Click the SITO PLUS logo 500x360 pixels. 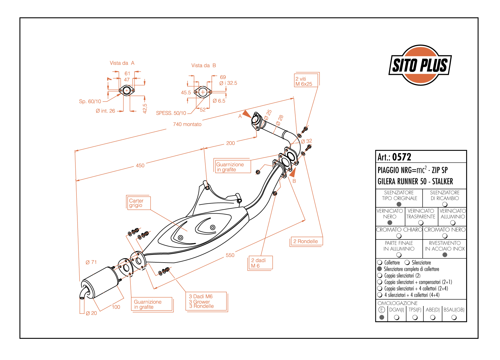(420, 65)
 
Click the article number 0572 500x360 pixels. (401, 157)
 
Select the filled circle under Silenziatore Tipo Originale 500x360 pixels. (399, 204)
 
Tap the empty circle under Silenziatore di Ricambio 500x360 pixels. (445, 204)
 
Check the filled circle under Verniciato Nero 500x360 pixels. (390, 223)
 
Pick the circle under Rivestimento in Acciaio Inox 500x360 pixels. (445, 255)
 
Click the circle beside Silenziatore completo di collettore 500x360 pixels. (380, 269)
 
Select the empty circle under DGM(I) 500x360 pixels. (397, 317)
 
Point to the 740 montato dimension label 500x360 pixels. (187, 124)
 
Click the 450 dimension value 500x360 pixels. (140, 166)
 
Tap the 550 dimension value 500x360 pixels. (230, 255)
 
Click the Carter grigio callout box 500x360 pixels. (138, 203)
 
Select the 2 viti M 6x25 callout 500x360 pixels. (306, 81)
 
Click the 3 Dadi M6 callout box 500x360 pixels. (206, 301)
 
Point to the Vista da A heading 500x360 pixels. (122, 63)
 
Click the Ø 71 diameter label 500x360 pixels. (91, 262)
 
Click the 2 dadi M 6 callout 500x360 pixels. (259, 263)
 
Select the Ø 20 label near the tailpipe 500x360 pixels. (91, 313)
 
